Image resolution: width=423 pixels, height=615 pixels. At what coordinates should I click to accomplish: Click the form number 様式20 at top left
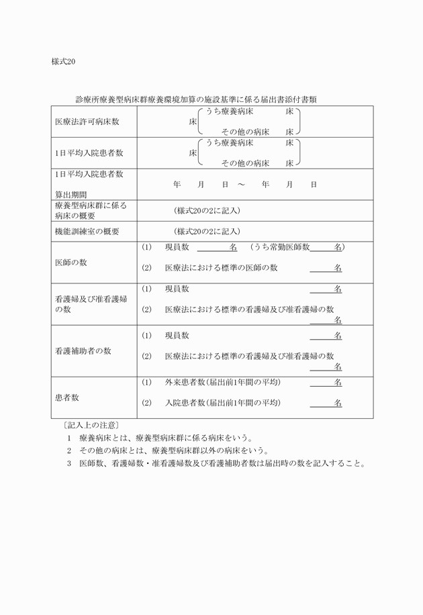click(63, 62)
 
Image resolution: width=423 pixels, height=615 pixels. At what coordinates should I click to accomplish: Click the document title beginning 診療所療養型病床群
click(196, 99)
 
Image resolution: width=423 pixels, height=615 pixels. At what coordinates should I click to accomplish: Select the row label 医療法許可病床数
click(87, 122)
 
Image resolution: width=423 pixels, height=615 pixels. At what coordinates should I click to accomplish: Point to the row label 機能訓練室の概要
click(87, 231)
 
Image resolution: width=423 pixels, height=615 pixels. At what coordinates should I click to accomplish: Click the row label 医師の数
click(70, 262)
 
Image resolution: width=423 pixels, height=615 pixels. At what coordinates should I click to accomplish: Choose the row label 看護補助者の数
click(83, 350)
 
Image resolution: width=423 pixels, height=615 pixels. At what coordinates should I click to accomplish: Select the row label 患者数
click(66, 397)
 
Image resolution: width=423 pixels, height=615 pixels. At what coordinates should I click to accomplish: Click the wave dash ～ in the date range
click(241, 184)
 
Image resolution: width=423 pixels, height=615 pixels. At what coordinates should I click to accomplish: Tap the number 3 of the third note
click(68, 463)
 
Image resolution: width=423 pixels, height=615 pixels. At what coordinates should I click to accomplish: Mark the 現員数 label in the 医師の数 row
click(177, 248)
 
